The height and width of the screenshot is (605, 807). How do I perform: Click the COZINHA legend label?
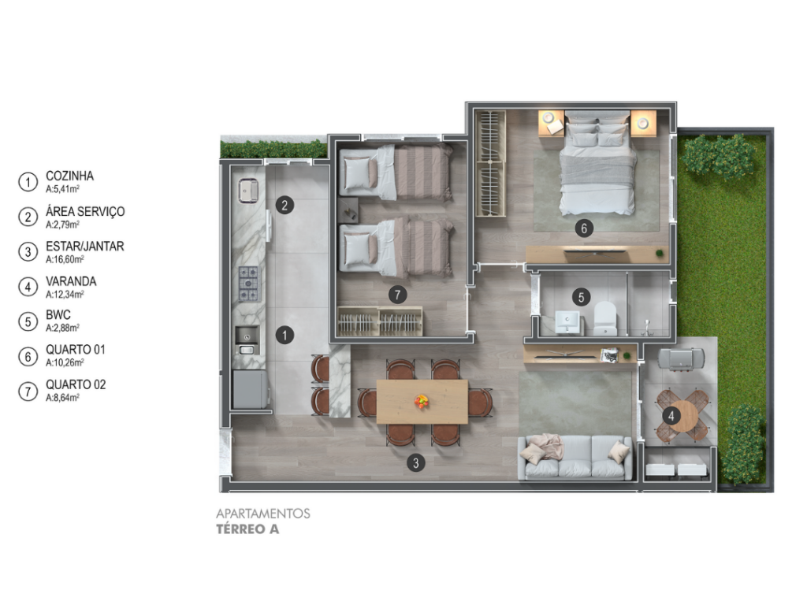(x=69, y=176)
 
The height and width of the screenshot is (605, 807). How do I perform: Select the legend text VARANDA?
(x=71, y=281)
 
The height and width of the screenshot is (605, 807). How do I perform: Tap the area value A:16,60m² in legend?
(x=65, y=260)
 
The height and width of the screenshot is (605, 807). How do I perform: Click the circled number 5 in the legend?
(x=28, y=321)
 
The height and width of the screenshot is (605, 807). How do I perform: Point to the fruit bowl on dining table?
(x=422, y=401)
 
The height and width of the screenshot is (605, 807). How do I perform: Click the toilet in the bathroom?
(x=605, y=318)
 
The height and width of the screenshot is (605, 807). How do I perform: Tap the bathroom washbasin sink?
(x=567, y=322)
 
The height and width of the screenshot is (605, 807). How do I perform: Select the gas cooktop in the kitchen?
(x=249, y=284)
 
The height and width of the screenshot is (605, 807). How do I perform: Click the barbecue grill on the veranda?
(x=680, y=358)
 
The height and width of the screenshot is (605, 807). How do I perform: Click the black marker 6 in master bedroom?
(x=584, y=228)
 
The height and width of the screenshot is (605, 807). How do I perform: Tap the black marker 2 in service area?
(x=284, y=206)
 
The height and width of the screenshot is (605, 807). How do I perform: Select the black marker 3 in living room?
(x=416, y=463)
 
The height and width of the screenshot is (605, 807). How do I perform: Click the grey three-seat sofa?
(x=575, y=458)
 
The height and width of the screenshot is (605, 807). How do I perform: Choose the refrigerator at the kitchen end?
(x=250, y=389)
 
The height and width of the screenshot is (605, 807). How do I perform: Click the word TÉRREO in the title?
(x=240, y=529)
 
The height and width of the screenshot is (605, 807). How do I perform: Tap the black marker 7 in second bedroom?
(x=397, y=295)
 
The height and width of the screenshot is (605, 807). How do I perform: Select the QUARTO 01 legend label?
(x=76, y=350)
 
